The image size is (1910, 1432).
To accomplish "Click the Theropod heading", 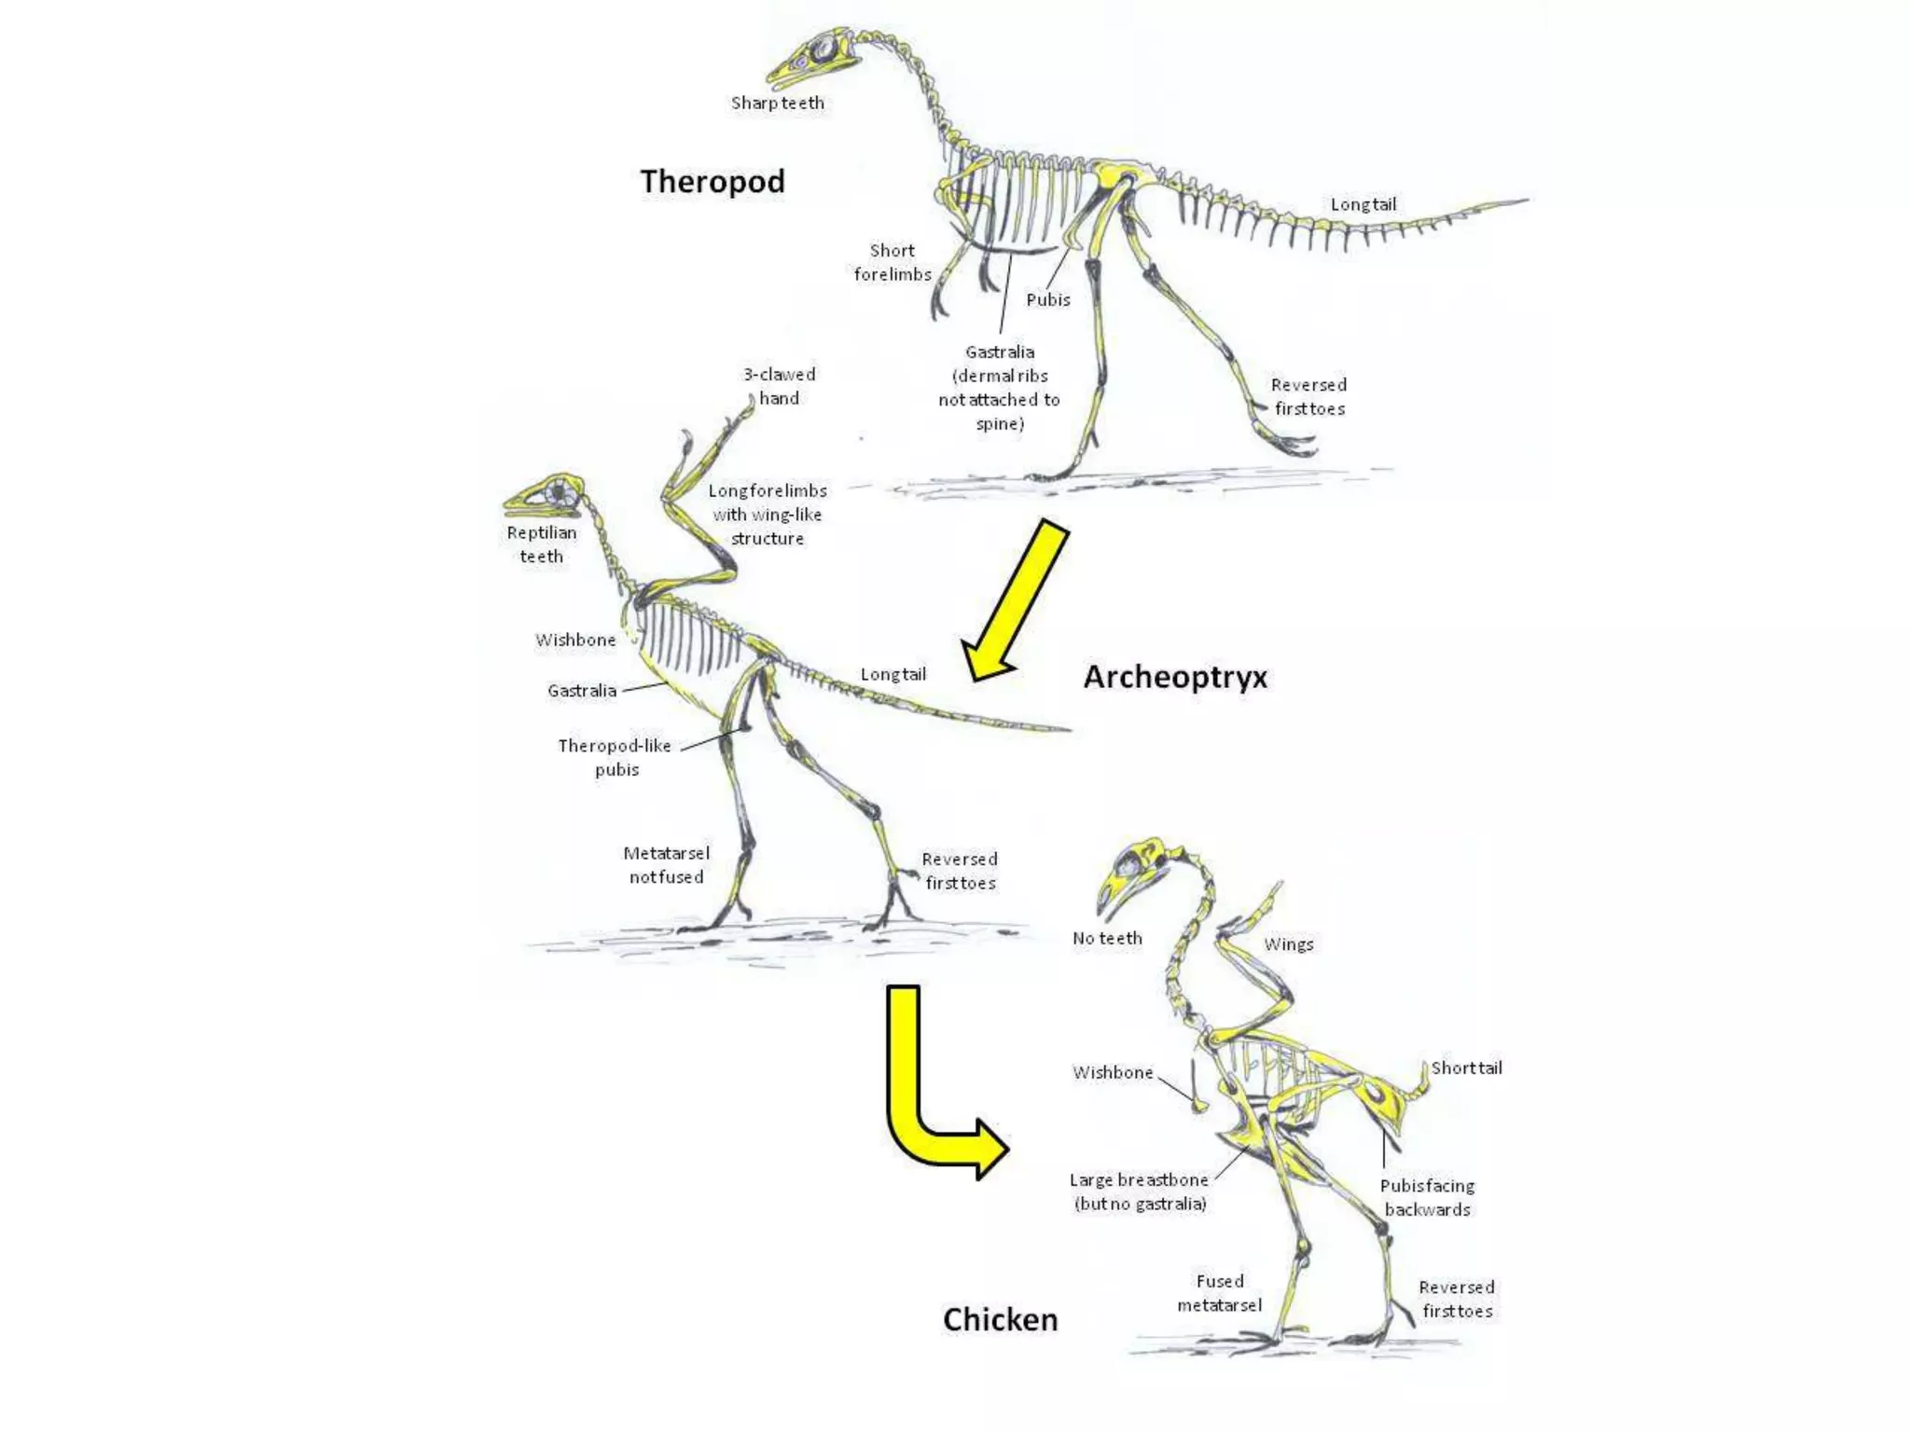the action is pos(713,181).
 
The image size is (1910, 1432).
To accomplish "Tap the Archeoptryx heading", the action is pos(1175,677).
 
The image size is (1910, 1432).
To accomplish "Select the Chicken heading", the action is pos(1000,1319).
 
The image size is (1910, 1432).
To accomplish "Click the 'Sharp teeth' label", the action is pos(778,103).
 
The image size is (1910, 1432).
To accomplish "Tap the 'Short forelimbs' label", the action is pos(893,262).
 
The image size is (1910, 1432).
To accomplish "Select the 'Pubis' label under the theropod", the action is pos(1048,299).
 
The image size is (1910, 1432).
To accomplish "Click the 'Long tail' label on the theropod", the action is pos(1363,204).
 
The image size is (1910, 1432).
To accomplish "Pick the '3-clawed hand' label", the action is pos(780,386).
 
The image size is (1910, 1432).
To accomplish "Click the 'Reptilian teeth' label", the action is pos(542,544).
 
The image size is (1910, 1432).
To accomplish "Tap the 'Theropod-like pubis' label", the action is pos(616,757).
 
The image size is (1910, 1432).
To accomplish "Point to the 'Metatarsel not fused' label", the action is pos(666,864).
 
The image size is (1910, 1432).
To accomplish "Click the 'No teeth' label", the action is pos(1107,938).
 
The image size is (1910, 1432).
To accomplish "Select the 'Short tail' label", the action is pos(1467,1067).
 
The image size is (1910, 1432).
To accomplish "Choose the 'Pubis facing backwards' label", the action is pos(1427,1197).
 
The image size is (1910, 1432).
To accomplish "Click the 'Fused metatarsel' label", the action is pos(1220,1293).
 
